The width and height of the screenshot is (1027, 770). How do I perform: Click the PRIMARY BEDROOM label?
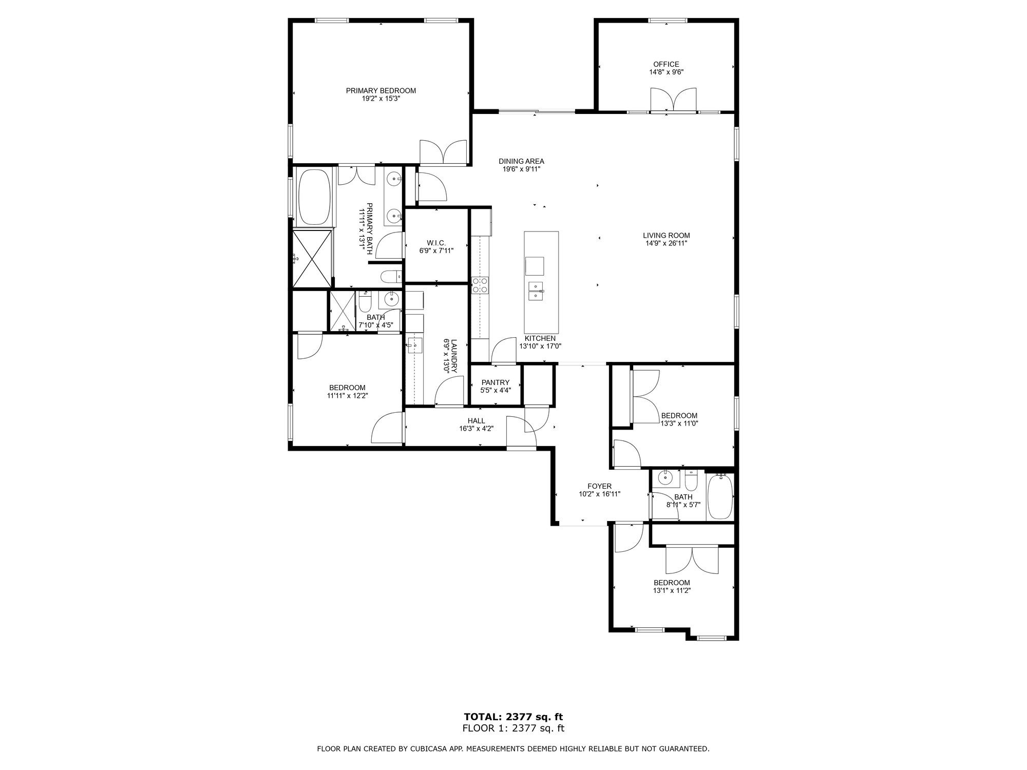point(381,91)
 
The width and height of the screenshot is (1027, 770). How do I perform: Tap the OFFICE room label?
point(666,64)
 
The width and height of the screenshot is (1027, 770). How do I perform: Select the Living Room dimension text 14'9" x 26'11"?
point(666,244)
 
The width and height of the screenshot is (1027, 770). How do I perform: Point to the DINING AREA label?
point(521,161)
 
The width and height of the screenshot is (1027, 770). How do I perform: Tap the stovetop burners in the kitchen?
point(480,285)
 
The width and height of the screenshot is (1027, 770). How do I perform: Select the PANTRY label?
point(496,382)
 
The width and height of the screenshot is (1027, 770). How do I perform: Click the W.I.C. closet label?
point(436,243)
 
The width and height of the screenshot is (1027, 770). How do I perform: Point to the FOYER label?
point(599,486)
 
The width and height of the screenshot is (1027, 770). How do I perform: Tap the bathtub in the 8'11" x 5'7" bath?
point(720,497)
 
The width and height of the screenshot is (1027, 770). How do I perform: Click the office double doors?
point(673,100)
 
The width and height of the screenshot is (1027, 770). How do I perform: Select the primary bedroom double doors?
point(443,152)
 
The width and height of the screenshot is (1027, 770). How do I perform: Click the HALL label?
point(476,421)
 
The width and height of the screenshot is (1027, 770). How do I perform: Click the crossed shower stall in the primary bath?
point(312,259)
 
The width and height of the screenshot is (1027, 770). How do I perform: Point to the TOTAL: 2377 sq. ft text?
point(513,717)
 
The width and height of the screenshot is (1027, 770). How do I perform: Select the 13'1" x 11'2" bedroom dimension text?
point(672,590)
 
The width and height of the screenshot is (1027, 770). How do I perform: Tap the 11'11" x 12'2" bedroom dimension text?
point(347,395)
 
